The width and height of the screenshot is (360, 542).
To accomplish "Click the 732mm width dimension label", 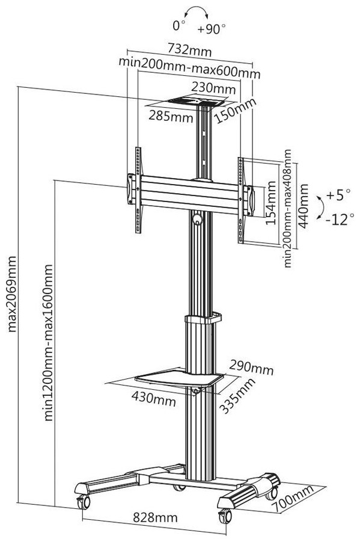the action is pos(189,50).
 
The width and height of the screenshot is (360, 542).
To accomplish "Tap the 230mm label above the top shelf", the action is pos(213,87).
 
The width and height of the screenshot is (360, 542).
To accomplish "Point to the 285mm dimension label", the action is pos(171,115).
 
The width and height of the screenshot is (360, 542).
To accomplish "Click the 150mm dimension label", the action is pos(235,111).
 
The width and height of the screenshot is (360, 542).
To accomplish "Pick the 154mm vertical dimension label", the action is pos(271,203).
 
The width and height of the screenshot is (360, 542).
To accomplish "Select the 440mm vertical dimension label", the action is pos(303,206).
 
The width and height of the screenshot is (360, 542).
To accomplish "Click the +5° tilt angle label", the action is pos(338,195).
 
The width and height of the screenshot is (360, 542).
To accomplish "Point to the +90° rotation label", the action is pos(212,29).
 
